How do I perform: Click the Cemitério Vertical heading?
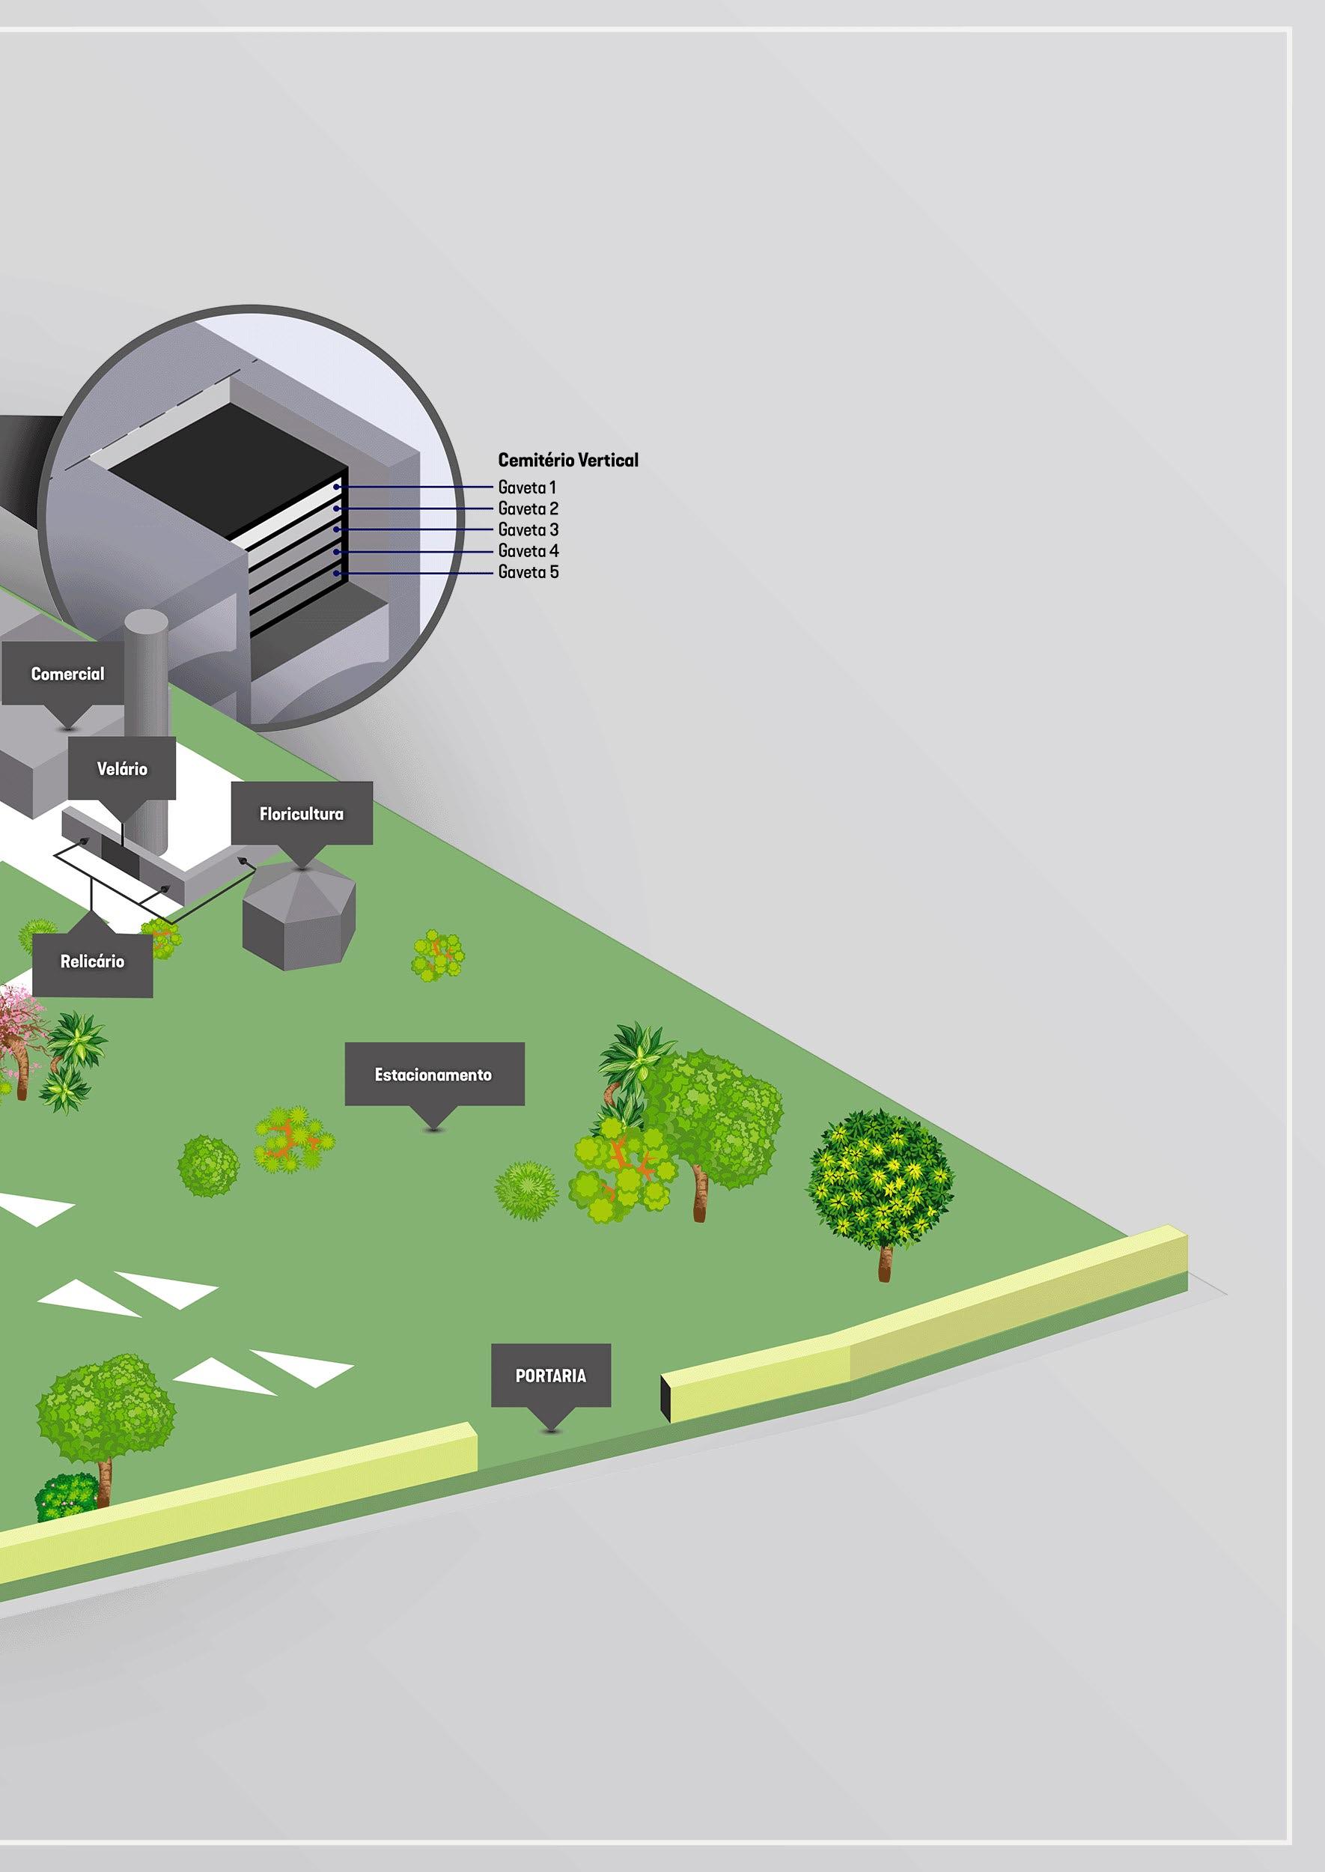pos(568,461)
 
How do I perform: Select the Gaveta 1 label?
pos(527,488)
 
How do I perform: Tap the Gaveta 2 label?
pos(528,509)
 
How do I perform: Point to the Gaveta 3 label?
pos(528,530)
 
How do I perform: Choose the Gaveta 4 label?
pos(528,552)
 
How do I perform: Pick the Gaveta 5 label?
pos(528,573)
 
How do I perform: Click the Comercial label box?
pos(67,674)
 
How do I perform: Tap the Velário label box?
pos(121,769)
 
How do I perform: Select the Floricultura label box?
pos(301,814)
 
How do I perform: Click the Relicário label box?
pos(92,961)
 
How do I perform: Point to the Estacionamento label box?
pos(433,1075)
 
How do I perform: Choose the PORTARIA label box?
pos(551,1376)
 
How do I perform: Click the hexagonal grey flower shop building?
pos(300,918)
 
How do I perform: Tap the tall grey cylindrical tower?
pos(147,718)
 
